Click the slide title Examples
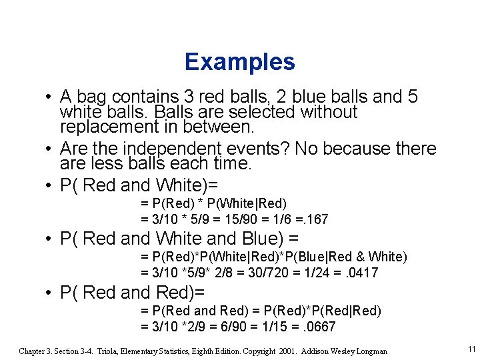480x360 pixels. click(x=239, y=62)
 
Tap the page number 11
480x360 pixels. click(x=471, y=349)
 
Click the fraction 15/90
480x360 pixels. click(x=234, y=219)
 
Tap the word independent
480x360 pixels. click(x=163, y=148)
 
